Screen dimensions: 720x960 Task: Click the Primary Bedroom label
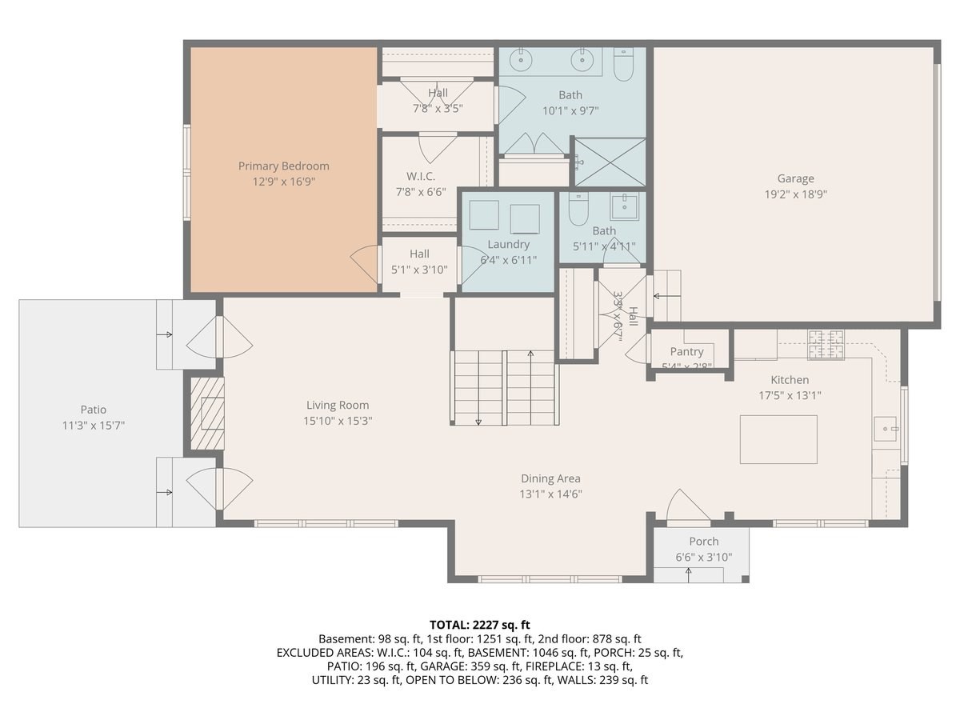283,166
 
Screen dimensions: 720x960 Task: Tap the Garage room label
795,178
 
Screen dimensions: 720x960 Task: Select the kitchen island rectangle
778,439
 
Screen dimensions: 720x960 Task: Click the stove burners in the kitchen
826,344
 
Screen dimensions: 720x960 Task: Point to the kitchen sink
886,430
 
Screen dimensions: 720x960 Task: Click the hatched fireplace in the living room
206,413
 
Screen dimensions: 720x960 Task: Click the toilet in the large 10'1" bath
623,64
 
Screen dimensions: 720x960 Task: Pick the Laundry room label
508,244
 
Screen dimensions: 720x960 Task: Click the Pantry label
686,352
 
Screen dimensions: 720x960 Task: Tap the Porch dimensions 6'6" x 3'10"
703,558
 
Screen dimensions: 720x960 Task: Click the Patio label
93,410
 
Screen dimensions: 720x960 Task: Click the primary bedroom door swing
364,263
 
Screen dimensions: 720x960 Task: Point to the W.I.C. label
420,176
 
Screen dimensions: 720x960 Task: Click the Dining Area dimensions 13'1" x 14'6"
550,494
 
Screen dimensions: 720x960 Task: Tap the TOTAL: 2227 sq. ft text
479,624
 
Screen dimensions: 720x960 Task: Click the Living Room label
338,405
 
